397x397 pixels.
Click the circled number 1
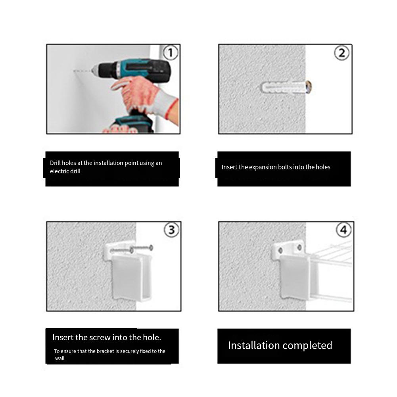click(171, 53)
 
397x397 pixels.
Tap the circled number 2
click(342, 53)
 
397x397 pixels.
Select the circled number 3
click(171, 230)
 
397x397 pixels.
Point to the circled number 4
click(343, 230)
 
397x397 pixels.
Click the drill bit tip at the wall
click(75, 71)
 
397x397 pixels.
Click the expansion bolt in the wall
click(286, 86)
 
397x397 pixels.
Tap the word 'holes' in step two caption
click(323, 167)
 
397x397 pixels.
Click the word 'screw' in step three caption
click(100, 338)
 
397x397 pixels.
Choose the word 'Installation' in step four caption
click(254, 345)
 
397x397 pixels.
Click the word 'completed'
click(307, 345)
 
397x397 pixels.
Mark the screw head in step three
click(151, 248)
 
